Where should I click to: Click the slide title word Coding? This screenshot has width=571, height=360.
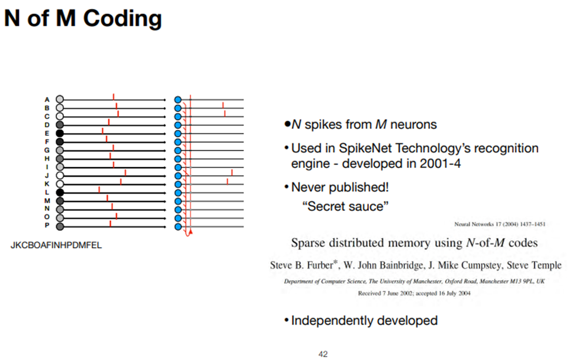pyautogui.click(x=123, y=19)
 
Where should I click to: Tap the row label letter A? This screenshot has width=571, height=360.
pyautogui.click(x=47, y=100)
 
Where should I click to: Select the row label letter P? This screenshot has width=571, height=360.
pyautogui.click(x=47, y=226)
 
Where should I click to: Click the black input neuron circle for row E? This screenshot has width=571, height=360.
pyautogui.click(x=60, y=133)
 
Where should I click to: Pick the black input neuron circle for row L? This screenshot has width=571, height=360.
pyautogui.click(x=60, y=192)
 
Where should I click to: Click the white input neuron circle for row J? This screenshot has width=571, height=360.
pyautogui.click(x=60, y=175)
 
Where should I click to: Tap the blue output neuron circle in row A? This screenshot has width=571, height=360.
pyautogui.click(x=178, y=100)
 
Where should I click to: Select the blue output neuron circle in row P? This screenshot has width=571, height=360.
pyautogui.click(x=178, y=226)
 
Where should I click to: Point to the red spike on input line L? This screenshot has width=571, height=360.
pyautogui.click(x=99, y=189)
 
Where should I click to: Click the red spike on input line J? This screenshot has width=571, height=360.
pyautogui.click(x=126, y=172)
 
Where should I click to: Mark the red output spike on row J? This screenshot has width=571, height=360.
pyautogui.click(x=232, y=172)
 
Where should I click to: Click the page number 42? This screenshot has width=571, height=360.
pyautogui.click(x=323, y=354)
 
